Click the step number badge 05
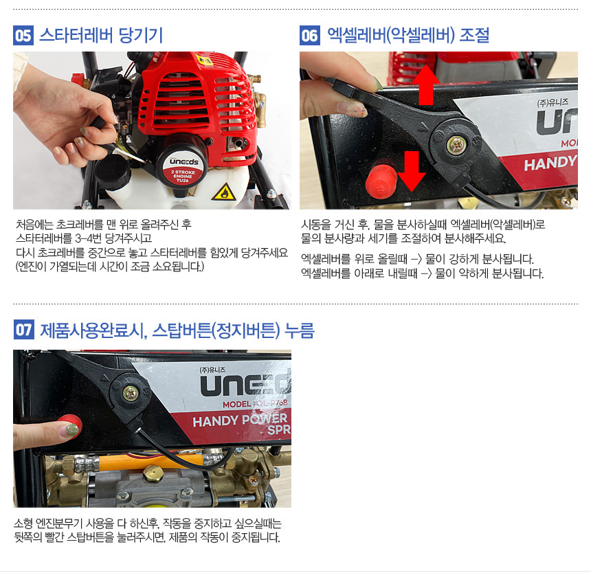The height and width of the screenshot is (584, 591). coord(23,36)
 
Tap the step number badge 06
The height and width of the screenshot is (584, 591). coord(310,36)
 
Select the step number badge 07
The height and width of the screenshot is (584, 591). coord(24,330)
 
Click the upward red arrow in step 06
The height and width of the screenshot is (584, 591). coord(426,85)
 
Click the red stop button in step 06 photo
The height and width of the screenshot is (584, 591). coord(381,181)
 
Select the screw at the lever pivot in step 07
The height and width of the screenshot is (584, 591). coord(131,394)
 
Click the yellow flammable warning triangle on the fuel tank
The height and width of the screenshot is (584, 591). coord(224,192)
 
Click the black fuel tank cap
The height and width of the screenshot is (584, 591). coord(112,172)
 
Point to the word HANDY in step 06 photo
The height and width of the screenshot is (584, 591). coord(550,164)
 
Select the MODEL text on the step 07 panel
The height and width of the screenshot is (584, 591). coord(236,404)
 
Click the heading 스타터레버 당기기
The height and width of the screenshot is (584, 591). coord(101,36)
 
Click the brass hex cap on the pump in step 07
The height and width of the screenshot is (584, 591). coord(153,473)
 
